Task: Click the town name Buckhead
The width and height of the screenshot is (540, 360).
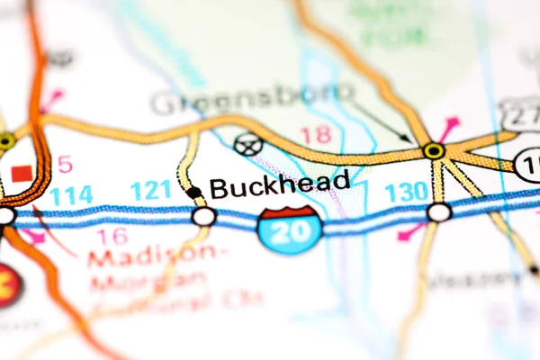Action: coord(280,184)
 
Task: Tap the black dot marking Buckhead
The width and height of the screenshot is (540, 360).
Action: coord(193,192)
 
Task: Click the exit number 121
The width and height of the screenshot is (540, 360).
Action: coord(150,190)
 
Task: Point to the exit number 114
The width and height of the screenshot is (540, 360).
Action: coord(71,195)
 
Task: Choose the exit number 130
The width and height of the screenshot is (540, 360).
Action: coord(406,192)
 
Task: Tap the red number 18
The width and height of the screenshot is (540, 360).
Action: coord(315,135)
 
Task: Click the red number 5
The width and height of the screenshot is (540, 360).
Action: coord(64,165)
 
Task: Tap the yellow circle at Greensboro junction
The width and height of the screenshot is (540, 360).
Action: coord(434,150)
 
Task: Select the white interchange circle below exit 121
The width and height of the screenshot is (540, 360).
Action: coord(204,216)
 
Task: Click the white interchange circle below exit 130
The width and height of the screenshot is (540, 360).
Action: coord(438,212)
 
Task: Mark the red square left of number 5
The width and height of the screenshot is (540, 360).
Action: coord(21,171)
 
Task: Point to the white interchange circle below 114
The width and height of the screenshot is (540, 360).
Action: coord(5,216)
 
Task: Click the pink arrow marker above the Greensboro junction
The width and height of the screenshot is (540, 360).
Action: coord(448,126)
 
